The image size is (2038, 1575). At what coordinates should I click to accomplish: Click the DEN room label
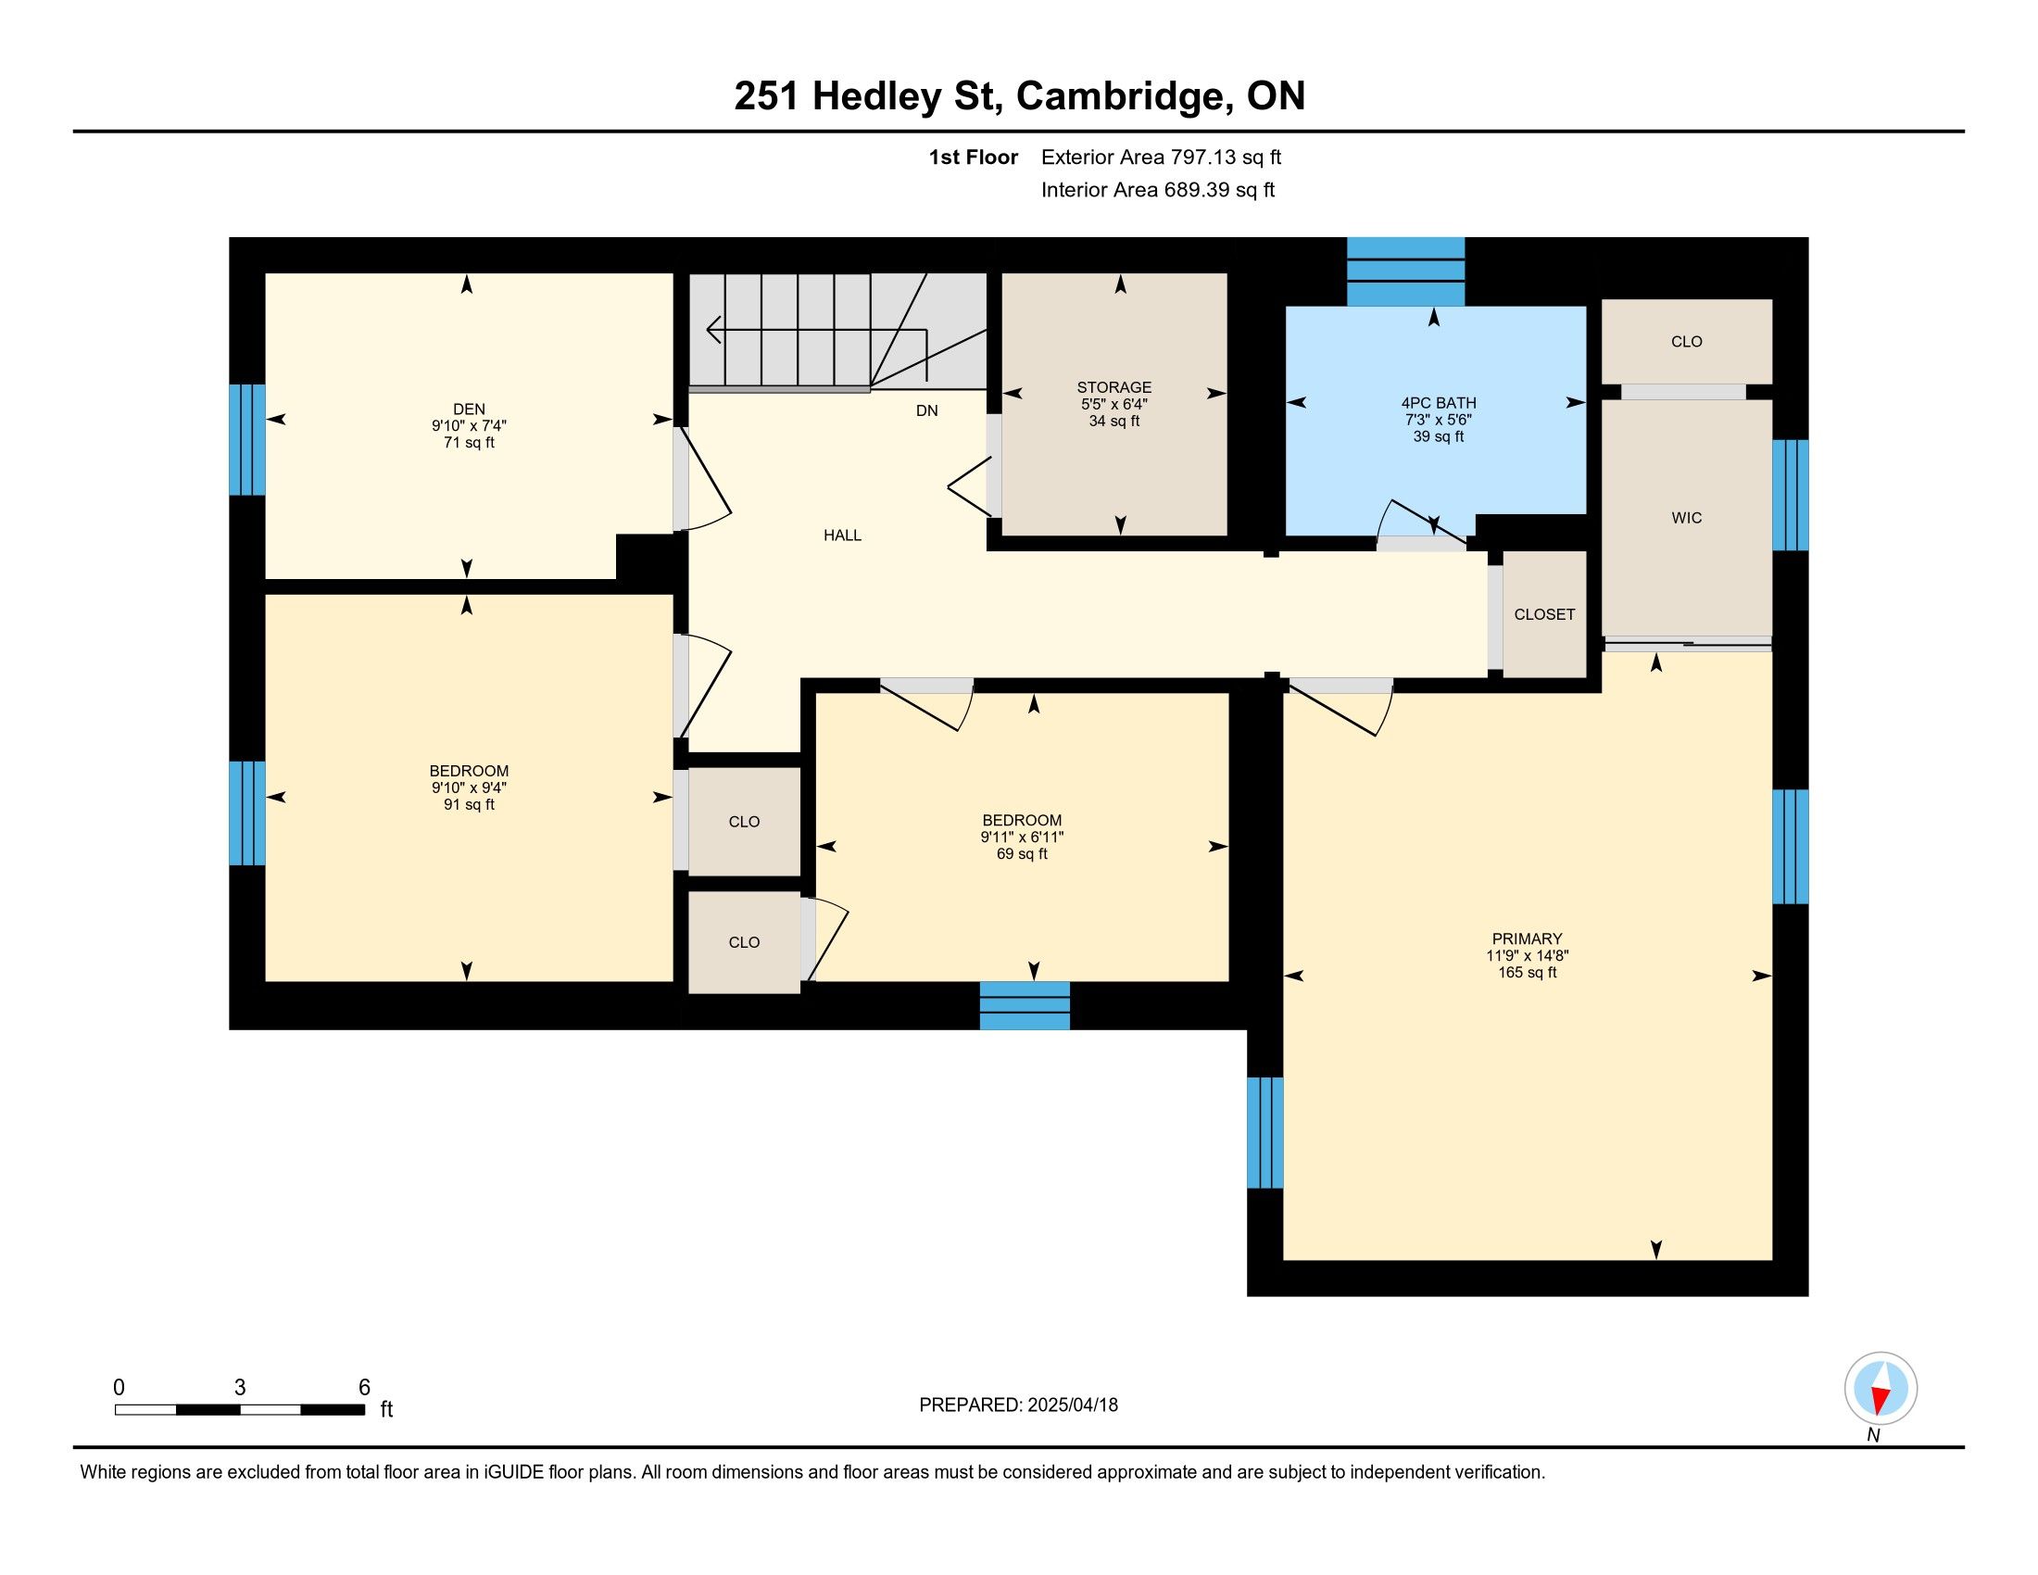(469, 409)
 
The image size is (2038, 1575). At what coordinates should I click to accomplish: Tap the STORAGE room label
(1114, 387)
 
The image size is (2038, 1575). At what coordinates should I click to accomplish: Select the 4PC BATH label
(1438, 403)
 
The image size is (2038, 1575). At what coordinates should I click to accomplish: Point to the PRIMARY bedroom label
(1527, 939)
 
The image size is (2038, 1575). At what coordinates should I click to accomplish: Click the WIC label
(1686, 518)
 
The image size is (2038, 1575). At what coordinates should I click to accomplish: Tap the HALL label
(842, 535)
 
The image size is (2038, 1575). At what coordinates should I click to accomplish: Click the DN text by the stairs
(926, 410)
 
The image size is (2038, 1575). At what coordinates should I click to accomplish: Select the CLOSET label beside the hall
(1544, 614)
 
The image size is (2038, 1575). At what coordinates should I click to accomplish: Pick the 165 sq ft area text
(1527, 972)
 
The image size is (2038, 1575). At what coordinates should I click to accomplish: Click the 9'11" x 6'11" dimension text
(1022, 838)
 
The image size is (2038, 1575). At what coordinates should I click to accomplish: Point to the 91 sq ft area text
(469, 804)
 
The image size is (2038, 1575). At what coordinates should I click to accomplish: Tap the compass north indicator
(1881, 1389)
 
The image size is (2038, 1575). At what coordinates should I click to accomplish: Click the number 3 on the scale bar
(240, 1388)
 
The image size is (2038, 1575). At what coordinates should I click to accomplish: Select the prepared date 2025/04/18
(1072, 1405)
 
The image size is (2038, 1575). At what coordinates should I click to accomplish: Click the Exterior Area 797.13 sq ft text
(1161, 157)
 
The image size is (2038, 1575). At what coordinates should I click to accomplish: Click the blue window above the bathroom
(1405, 271)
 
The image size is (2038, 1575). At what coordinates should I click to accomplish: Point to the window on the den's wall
(247, 439)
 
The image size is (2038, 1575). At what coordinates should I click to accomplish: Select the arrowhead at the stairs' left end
(714, 330)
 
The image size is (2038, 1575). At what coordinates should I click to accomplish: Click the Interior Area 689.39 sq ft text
(1158, 190)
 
